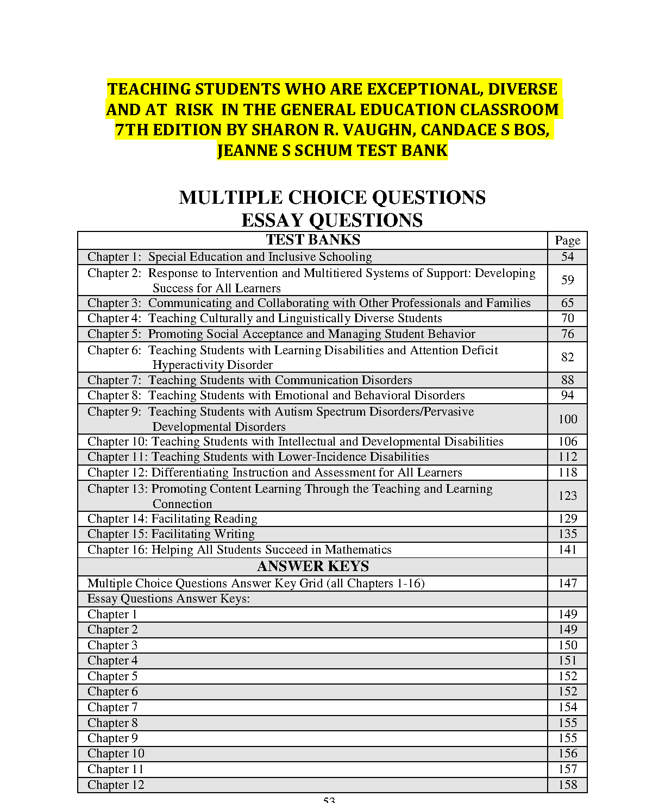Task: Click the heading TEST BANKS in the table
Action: [313, 240]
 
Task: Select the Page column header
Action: [567, 241]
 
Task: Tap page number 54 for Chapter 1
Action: [567, 257]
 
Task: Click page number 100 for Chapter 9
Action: [567, 419]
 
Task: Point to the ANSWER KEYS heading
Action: [313, 567]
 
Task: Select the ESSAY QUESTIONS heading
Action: [332, 221]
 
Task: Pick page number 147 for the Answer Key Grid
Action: [567, 584]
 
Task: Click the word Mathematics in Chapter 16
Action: [358, 550]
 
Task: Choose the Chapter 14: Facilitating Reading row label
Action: [172, 519]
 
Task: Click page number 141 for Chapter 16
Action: [567, 550]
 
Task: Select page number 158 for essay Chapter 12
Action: [567, 785]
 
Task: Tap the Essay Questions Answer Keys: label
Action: [168, 599]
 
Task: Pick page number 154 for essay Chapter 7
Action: [567, 707]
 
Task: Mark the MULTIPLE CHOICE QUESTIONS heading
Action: [332, 198]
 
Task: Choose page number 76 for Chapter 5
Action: [567, 334]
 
